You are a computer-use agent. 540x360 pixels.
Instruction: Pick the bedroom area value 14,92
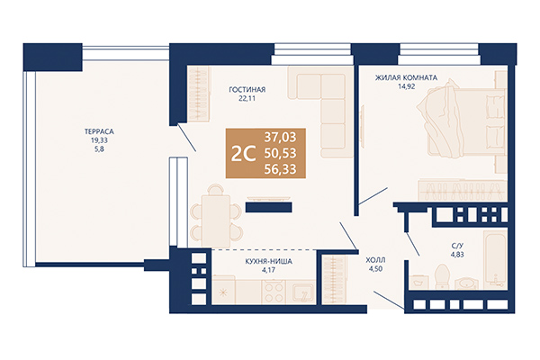tap(400, 88)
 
